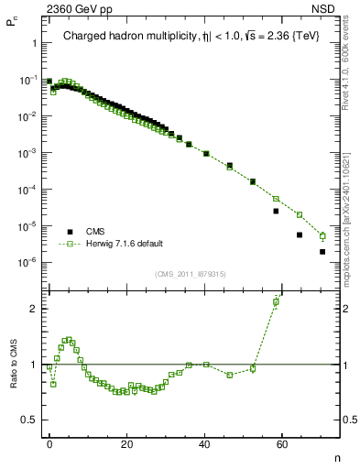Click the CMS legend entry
(x=97, y=233)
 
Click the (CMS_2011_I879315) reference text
(x=190, y=274)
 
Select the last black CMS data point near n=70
(x=322, y=252)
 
